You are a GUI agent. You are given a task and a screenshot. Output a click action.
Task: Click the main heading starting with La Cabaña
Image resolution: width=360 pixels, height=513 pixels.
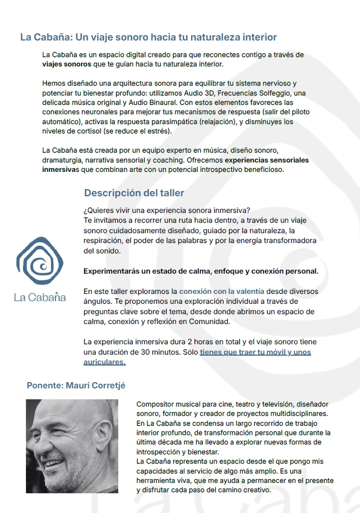tap(148, 37)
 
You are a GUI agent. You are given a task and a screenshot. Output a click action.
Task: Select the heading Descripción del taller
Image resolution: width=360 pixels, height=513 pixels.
tap(134, 193)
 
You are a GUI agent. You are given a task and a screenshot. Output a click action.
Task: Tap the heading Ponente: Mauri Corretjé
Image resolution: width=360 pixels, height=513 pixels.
tap(76, 385)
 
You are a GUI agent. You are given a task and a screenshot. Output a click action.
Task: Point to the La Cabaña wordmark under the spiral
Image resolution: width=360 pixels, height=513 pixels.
tap(40, 298)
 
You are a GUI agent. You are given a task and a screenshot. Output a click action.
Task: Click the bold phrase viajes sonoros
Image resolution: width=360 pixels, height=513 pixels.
tap(66, 64)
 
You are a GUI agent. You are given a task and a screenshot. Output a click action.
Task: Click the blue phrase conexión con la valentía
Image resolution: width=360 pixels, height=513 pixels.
tap(221, 291)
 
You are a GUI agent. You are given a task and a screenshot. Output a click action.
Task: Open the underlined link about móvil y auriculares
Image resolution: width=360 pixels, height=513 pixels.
tap(255, 353)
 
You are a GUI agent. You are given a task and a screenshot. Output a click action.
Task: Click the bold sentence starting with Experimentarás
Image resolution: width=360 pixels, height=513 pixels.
tap(201, 271)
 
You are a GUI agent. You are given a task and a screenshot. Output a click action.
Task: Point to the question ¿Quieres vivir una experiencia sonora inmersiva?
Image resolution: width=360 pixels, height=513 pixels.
tap(167, 210)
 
